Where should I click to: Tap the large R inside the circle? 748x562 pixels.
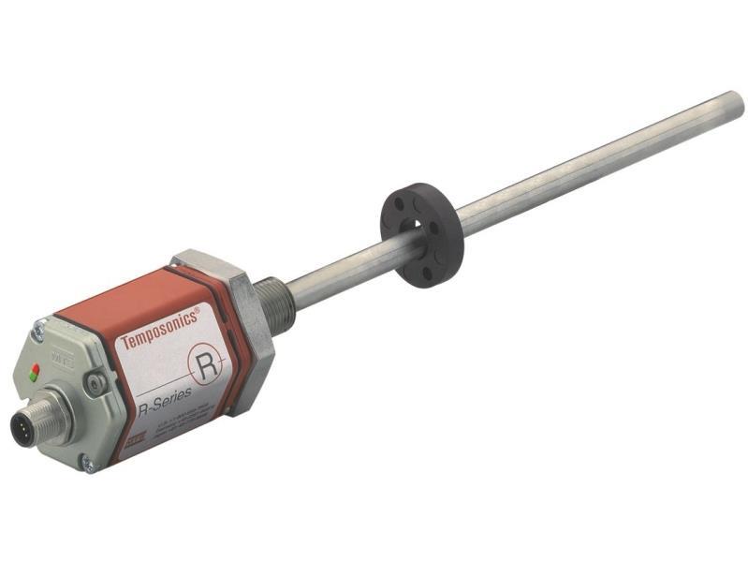point(207,363)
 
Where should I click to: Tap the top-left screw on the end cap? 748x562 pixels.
point(39,327)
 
